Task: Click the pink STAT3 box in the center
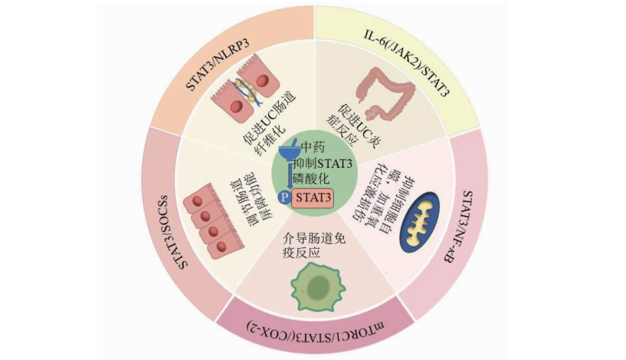[x=310, y=196]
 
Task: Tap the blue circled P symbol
[x=282, y=197]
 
